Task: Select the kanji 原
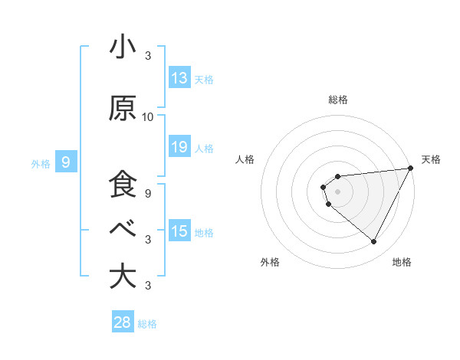pos(123,109)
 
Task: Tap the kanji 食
pos(123,185)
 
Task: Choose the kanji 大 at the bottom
pos(123,276)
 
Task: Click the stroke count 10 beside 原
pos(148,117)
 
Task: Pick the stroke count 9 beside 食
pos(148,193)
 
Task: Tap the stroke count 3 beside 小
pos(148,56)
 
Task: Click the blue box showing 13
pos(179,78)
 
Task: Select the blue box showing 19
pos(179,147)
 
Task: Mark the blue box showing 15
pos(179,231)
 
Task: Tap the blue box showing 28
pos(123,322)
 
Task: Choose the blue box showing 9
pos(67,162)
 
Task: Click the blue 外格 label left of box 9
pos(41,163)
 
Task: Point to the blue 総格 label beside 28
pos(147,324)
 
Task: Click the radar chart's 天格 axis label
pos(432,159)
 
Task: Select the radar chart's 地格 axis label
pos(402,263)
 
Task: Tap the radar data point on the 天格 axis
pos(412,168)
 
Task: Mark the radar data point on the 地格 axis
pos(374,242)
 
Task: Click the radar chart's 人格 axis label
pos(245,159)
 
